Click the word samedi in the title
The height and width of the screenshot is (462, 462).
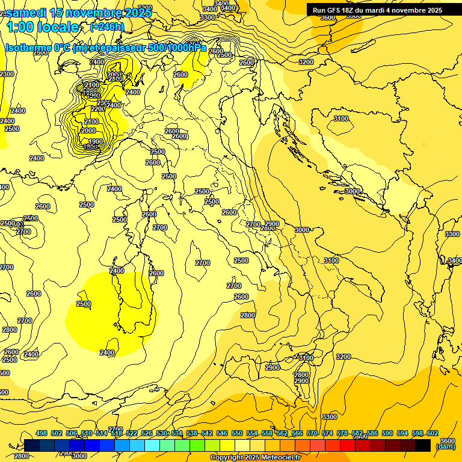[27, 13]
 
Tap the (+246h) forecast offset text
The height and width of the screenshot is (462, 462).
[107, 27]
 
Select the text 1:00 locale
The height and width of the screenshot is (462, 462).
[43, 27]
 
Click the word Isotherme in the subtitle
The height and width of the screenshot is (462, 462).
[28, 48]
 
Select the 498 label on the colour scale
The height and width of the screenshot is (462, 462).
[42, 434]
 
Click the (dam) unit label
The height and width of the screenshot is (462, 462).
[446, 446]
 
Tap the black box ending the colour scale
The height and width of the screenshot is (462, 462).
[423, 445]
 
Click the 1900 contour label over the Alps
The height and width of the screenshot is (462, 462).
[96, 142]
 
